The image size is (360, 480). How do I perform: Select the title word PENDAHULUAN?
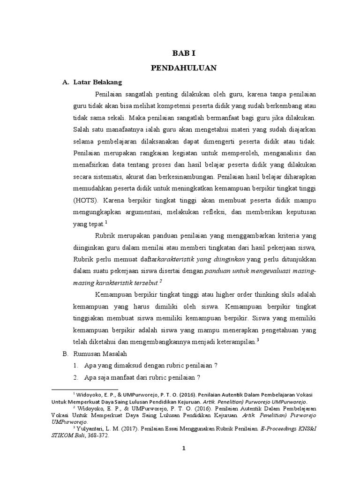pyautogui.click(x=183, y=68)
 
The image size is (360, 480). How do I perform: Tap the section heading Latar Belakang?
pyautogui.click(x=97, y=82)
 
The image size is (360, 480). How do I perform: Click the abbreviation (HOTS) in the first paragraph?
pyautogui.click(x=85, y=201)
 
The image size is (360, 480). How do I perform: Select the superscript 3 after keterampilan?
pyautogui.click(x=258, y=339)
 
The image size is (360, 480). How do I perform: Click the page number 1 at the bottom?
pyautogui.click(x=184, y=449)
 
